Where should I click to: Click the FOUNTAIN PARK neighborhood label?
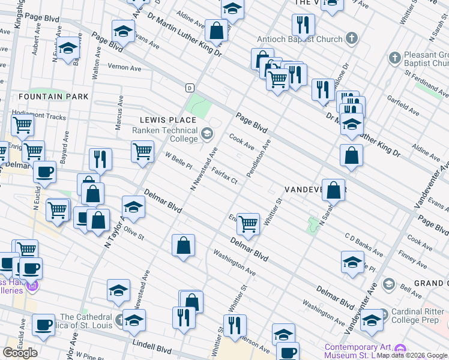click(53, 97)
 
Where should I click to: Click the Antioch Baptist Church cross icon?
click(351, 40)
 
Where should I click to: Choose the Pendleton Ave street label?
click(265, 157)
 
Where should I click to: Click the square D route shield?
click(190, 88)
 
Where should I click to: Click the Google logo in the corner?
click(20, 353)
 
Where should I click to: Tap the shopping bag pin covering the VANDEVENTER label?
click(333, 190)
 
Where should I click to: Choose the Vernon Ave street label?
click(124, 67)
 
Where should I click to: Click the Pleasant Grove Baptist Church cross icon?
click(394, 58)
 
